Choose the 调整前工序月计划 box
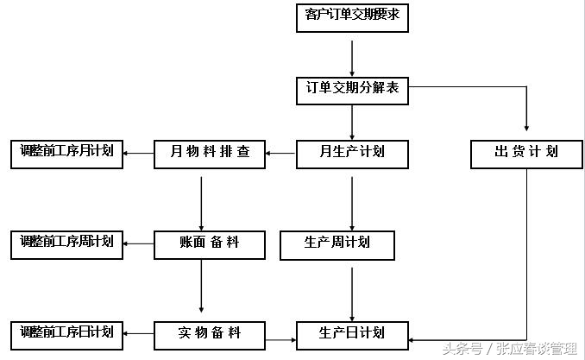click(x=67, y=153)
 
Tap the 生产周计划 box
click(x=337, y=244)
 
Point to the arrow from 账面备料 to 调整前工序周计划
click(x=139, y=243)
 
